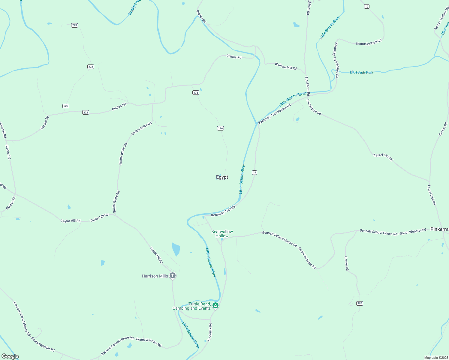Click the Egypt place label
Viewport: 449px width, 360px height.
[222, 177]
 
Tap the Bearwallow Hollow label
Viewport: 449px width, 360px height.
[222, 234]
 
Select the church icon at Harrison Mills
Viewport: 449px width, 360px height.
[173, 275]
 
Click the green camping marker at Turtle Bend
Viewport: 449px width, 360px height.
[215, 306]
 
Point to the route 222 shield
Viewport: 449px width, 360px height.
[86, 112]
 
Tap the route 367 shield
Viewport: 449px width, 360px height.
[360, 303]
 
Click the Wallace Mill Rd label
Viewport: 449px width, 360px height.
[285, 66]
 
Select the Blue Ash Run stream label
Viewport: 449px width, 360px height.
[361, 72]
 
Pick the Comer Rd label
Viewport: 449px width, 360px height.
[346, 263]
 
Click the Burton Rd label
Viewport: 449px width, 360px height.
[443, 129]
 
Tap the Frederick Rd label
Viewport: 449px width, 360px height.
[210, 332]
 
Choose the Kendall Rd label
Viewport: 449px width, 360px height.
[3, 130]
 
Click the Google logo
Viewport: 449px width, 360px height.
[10, 356]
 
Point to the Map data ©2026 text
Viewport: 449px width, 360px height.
[436, 358]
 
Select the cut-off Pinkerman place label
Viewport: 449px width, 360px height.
[439, 229]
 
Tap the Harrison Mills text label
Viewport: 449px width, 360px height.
[155, 276]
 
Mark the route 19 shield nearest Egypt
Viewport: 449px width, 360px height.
[255, 172]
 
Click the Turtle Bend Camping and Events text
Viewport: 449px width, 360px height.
[192, 306]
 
